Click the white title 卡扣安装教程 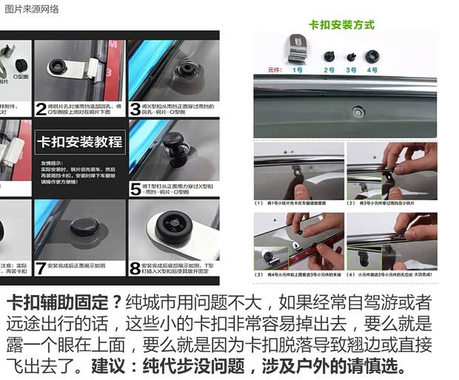point(81,141)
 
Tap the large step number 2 point(41,109)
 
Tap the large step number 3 point(135,109)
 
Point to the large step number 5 point(135,189)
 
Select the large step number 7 point(41,268)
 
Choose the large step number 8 point(135,268)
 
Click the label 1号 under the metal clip point(298,70)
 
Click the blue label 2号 point(329,70)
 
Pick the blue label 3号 point(351,70)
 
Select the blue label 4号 point(372,70)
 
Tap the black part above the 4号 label point(372,56)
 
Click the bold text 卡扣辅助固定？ point(63,304)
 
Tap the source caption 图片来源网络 point(32,9)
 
